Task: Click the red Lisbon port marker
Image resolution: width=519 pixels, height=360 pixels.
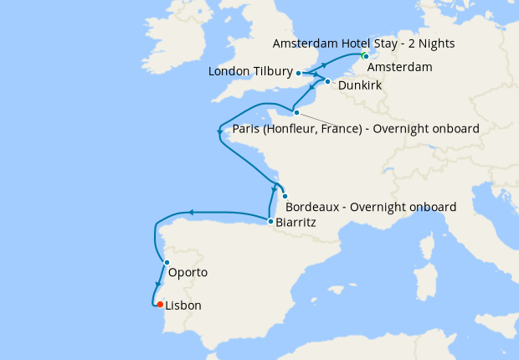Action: (159, 305)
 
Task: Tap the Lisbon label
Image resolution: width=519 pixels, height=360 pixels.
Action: (184, 306)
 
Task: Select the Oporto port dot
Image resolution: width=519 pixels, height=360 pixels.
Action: (167, 263)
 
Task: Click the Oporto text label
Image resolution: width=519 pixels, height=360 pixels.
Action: (188, 273)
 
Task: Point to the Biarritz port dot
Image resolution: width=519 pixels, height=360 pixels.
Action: (269, 221)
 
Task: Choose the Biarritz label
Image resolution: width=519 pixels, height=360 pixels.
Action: (295, 224)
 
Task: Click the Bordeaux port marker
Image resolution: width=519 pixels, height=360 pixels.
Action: (285, 196)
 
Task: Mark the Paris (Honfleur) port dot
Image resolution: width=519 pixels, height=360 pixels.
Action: (296, 112)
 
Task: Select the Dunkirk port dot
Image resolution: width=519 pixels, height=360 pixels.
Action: (327, 82)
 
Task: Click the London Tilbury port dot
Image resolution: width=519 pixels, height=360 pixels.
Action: (299, 73)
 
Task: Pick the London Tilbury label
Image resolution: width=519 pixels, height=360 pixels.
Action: (250, 73)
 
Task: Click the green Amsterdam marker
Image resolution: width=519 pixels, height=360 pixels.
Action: (364, 56)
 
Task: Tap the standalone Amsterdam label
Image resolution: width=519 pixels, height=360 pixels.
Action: (400, 67)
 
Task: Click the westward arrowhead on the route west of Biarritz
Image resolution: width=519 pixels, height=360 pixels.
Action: (190, 213)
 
